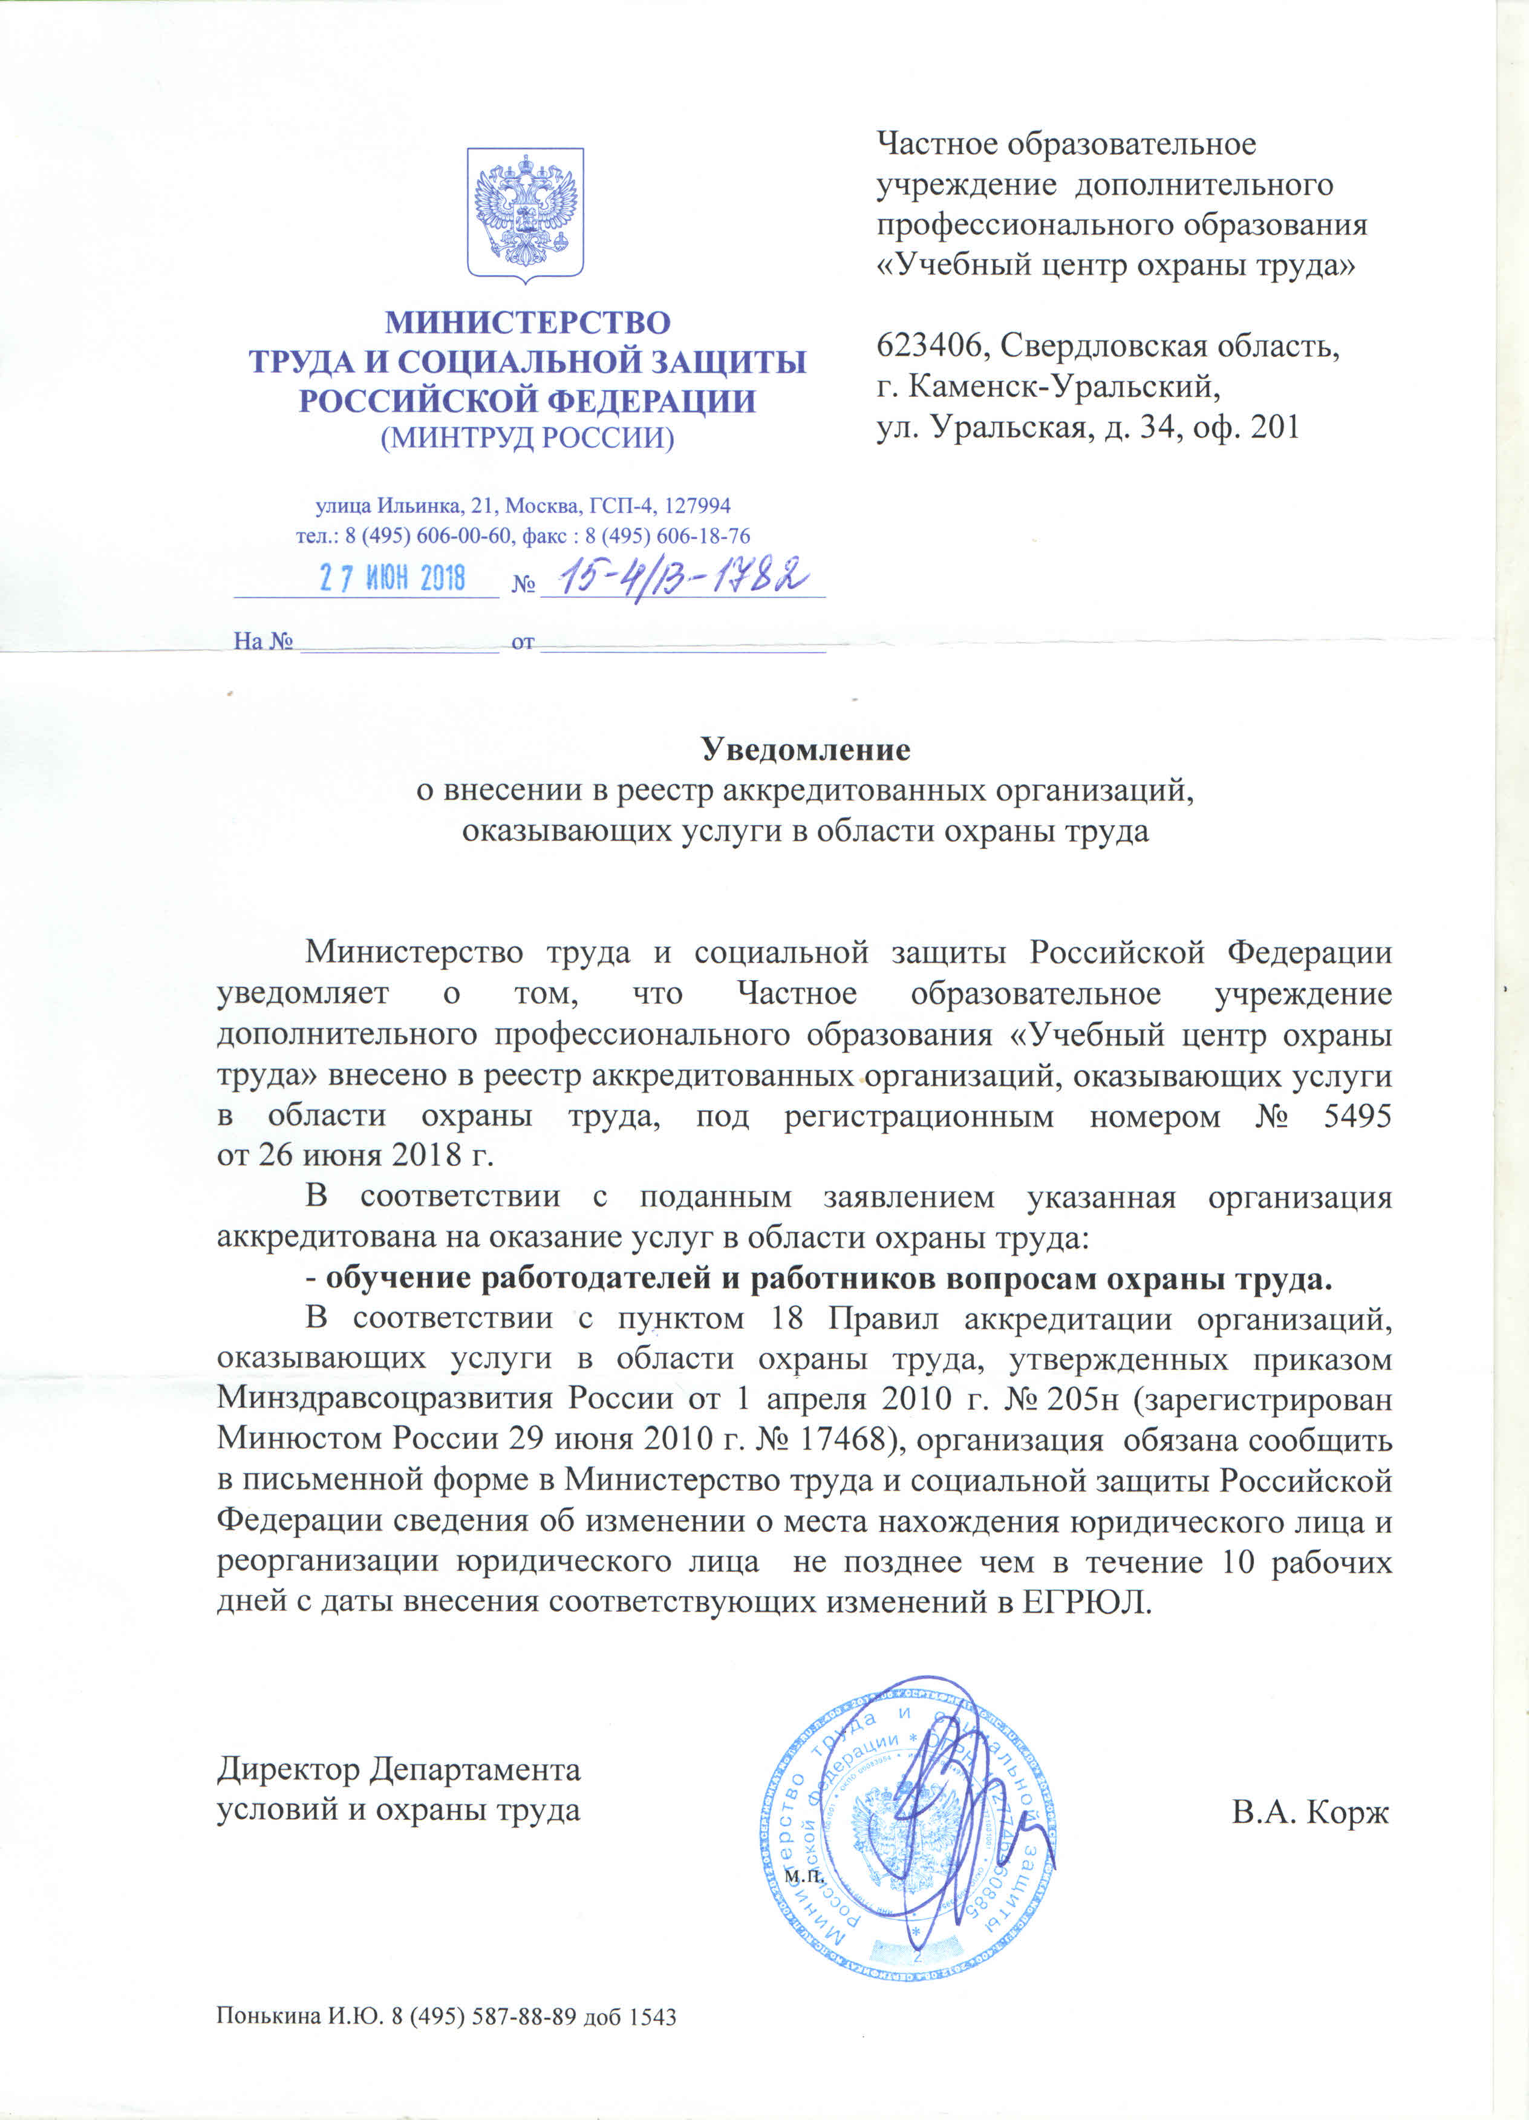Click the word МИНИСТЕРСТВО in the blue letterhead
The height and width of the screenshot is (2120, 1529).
coord(527,322)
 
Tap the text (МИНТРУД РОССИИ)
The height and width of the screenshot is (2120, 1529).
coord(527,437)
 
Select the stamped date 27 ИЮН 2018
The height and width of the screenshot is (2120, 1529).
coord(393,578)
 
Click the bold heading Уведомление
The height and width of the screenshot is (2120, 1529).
coord(806,749)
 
